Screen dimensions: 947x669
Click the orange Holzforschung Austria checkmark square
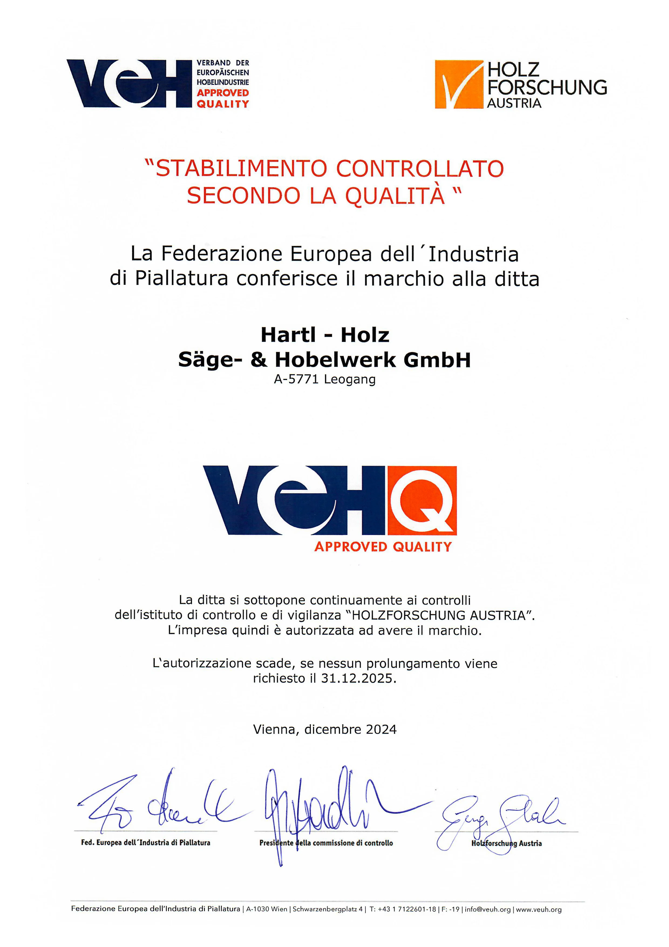tap(459, 85)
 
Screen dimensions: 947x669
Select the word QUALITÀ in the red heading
tap(395, 196)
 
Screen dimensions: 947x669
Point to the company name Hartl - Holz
tap(325, 335)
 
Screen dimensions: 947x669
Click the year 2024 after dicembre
tap(381, 729)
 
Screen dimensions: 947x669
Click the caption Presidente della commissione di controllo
tap(326, 843)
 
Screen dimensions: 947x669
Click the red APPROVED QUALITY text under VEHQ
tap(383, 547)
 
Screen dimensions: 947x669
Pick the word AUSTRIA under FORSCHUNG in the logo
tap(514, 103)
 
